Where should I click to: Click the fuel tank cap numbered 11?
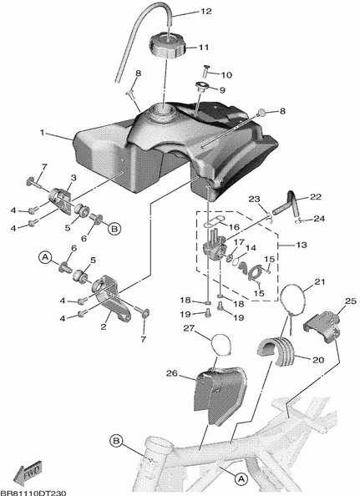point(167,47)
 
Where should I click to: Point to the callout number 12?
point(205,12)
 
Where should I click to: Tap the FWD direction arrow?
point(28,474)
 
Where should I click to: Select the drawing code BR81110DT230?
point(33,493)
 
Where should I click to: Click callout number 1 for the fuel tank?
point(43,133)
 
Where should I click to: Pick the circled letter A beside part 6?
point(45,257)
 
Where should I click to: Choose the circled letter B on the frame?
point(116,441)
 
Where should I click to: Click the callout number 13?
point(302,245)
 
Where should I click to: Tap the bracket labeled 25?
point(322,326)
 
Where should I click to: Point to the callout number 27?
point(189,329)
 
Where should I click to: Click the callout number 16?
point(234,227)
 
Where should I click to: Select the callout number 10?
point(226,75)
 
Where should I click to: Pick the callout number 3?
point(74,178)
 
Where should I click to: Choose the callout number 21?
point(320,281)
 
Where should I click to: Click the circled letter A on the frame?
point(241,479)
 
